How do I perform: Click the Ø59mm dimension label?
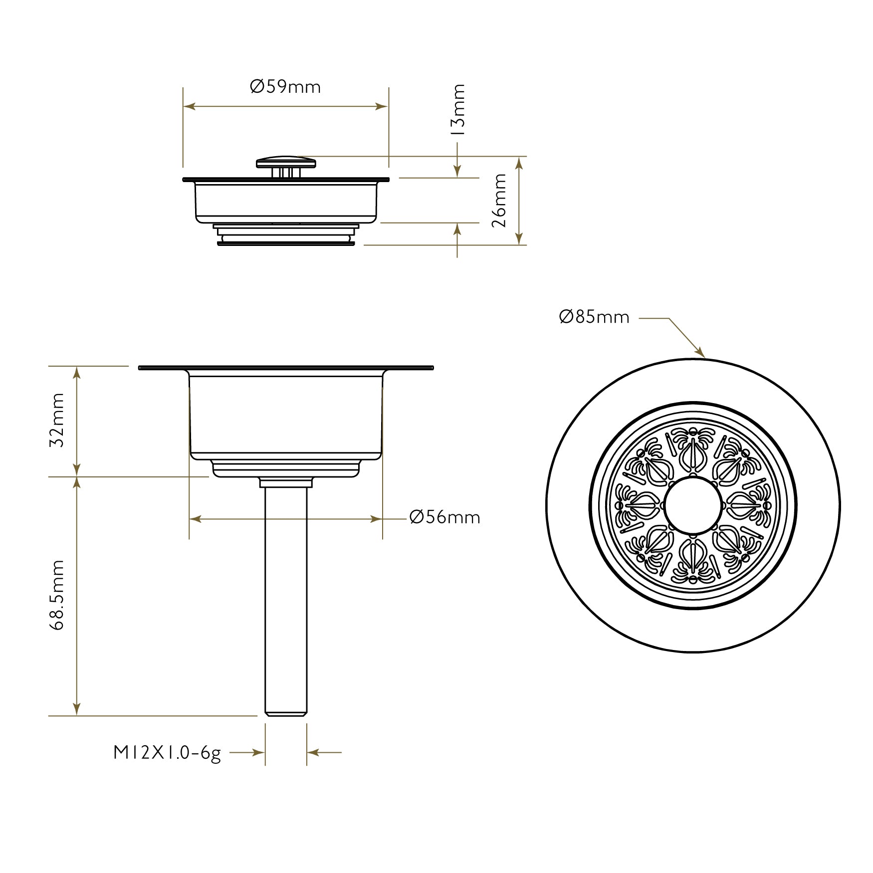[285, 87]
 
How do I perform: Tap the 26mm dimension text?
[499, 201]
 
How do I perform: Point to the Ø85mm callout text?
[594, 317]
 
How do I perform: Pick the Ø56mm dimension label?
[444, 517]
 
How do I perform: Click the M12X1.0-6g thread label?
[167, 752]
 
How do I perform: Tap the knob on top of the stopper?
[286, 162]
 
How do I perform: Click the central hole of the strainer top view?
[693, 505]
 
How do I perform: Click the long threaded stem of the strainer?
[286, 599]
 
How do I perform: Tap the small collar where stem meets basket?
[286, 483]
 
